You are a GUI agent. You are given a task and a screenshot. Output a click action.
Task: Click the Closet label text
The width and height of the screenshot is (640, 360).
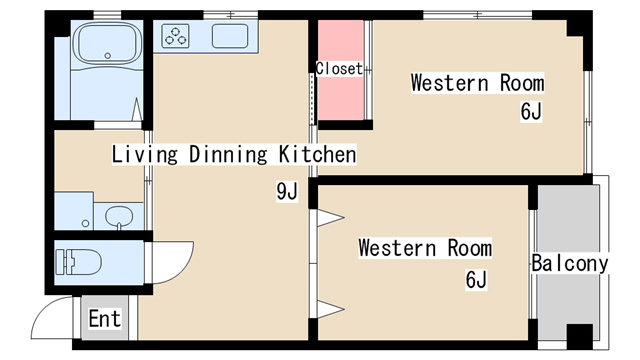tap(338, 69)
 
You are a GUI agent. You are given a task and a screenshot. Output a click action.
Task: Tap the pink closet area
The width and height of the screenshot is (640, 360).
tap(340, 95)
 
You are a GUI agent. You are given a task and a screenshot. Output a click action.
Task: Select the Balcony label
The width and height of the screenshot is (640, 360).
tap(570, 264)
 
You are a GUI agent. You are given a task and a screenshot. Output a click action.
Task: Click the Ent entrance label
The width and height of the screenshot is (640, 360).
tap(104, 319)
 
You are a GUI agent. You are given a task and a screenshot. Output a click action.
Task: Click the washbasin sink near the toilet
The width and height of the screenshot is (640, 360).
tap(119, 217)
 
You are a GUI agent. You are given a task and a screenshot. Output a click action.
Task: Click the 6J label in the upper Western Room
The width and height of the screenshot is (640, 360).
tap(531, 112)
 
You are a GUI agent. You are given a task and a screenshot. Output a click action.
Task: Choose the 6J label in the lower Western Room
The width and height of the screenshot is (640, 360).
tap(476, 280)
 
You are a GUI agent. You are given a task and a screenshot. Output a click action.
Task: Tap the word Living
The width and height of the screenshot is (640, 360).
tap(144, 155)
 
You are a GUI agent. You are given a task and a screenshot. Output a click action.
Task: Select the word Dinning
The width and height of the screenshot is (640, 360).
tap(226, 155)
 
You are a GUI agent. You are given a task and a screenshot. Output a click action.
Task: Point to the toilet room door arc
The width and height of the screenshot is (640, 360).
tap(172, 262)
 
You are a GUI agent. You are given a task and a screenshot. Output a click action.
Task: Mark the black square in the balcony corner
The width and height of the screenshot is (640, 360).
tap(580, 336)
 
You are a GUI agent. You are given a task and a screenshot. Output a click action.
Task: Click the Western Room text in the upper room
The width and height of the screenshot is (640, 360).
tap(477, 83)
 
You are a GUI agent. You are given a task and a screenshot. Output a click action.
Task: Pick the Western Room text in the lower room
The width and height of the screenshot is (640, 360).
tap(425, 247)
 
